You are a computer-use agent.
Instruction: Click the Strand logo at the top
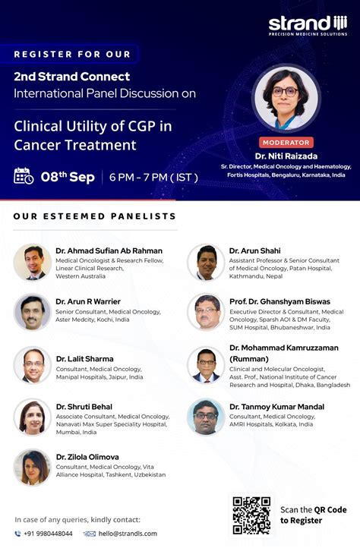(307, 24)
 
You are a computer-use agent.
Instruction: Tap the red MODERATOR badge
(286, 143)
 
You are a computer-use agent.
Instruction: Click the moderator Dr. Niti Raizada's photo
(286, 97)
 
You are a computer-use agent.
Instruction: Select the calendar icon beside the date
(24, 176)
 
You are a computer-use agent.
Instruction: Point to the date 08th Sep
(68, 177)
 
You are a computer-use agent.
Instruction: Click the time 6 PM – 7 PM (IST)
(153, 178)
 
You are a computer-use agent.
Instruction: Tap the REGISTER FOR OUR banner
(71, 54)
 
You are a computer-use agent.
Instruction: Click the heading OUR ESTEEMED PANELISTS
(95, 217)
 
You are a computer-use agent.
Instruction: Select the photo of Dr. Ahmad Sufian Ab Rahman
(32, 263)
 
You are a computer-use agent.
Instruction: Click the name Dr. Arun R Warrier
(88, 301)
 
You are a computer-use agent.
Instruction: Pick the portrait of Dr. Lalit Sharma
(32, 364)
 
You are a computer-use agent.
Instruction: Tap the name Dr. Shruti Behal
(84, 407)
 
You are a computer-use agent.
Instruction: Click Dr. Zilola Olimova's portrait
(32, 467)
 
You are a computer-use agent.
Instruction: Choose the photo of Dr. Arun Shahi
(206, 263)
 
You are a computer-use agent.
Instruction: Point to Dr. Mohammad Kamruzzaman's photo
(206, 364)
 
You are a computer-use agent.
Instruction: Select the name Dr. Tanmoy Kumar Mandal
(276, 407)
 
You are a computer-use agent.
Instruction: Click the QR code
(251, 515)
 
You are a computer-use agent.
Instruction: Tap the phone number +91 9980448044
(48, 534)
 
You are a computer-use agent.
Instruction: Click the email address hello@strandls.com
(127, 534)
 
